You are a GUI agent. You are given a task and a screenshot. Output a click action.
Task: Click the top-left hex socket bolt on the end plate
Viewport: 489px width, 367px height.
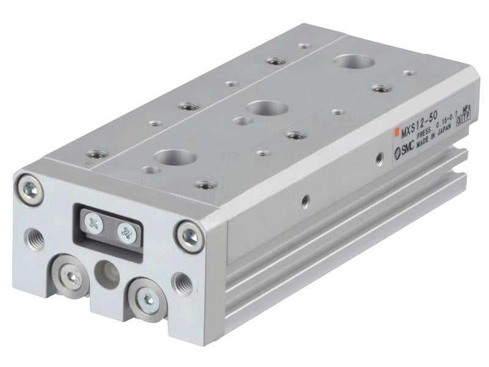(29, 188)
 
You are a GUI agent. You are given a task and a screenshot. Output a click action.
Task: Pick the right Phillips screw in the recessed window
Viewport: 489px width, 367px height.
(126, 232)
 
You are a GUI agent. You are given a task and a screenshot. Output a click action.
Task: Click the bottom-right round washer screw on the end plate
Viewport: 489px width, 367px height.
(147, 299)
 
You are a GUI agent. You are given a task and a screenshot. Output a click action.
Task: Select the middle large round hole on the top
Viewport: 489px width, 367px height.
(267, 108)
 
